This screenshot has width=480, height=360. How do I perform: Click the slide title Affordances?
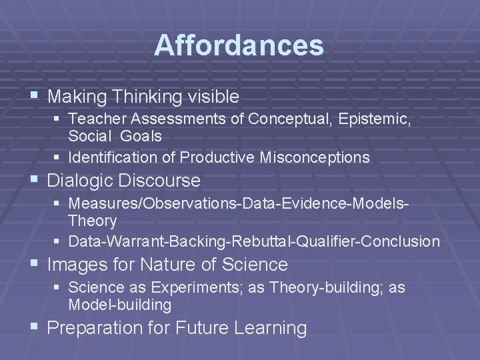pyautogui.click(x=239, y=46)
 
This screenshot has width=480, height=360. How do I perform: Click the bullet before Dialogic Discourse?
pyautogui.click(x=34, y=181)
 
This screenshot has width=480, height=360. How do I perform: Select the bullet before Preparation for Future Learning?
pyautogui.click(x=34, y=328)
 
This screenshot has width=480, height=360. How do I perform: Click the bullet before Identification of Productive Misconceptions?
pyautogui.click(x=59, y=158)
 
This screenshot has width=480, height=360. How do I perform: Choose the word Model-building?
pyautogui.click(x=120, y=305)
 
